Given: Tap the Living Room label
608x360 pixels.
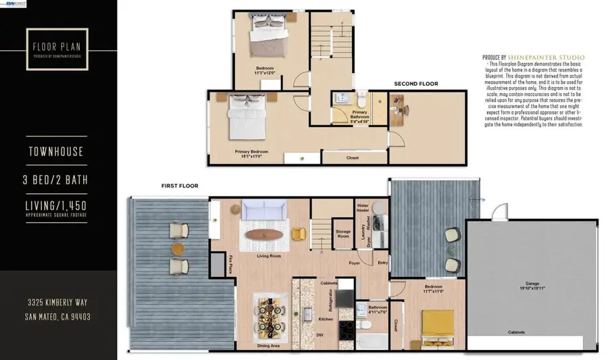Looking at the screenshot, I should tap(269, 257).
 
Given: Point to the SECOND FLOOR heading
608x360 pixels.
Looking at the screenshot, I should tap(416, 84).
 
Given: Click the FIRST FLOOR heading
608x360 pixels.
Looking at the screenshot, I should tap(179, 186).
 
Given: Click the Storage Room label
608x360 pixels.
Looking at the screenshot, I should tap(343, 235).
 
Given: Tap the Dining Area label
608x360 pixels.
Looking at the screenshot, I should tap(270, 346).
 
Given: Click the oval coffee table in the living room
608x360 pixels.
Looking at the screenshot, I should tap(264, 235).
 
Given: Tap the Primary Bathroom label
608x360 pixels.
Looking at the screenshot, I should tap(360, 115).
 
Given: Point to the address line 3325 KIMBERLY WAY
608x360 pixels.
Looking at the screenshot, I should tap(57, 303).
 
